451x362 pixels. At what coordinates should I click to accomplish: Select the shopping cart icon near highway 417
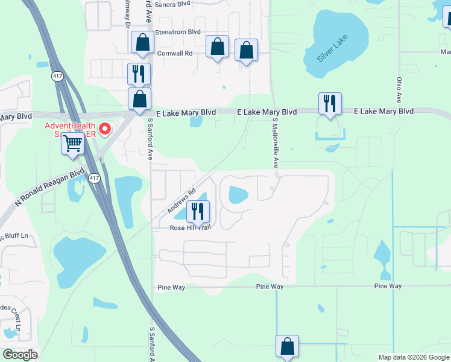click(x=72, y=144)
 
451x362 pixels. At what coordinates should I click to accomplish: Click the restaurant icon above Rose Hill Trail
click(x=197, y=211)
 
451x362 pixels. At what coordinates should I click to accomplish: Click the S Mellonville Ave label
click(x=275, y=143)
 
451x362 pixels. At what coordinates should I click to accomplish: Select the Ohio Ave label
click(x=399, y=89)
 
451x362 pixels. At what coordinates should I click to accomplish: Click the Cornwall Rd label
click(x=174, y=53)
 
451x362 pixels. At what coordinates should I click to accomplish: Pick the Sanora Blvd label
click(x=172, y=4)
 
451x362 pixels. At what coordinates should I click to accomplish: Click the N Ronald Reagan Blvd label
click(x=51, y=187)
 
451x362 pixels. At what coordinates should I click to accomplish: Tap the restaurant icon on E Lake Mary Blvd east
click(x=330, y=104)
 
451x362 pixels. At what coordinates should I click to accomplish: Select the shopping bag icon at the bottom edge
click(x=287, y=346)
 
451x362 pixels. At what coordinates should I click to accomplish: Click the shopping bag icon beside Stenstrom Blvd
click(x=142, y=42)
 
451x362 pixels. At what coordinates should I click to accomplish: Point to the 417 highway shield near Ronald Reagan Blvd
click(x=93, y=177)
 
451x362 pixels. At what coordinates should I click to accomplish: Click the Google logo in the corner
click(x=20, y=355)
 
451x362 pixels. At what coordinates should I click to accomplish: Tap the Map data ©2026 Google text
click(x=414, y=357)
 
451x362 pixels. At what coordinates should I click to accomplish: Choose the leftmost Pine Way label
click(x=171, y=287)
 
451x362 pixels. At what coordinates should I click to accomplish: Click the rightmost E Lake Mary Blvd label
click(x=383, y=112)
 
